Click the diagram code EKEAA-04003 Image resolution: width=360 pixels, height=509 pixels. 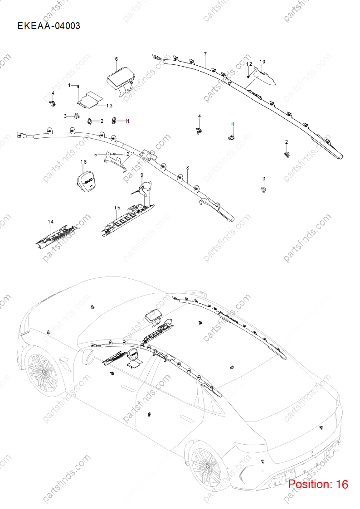[49, 26]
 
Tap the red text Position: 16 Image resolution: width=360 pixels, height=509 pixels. [318, 484]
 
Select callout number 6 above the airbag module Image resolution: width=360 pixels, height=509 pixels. [117, 59]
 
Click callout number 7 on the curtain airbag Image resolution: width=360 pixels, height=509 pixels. [205, 54]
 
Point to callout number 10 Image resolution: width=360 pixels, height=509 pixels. [262, 62]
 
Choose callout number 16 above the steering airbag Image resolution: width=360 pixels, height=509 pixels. [83, 162]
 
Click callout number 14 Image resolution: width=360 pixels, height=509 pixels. [51, 222]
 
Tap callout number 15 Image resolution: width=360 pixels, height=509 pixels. [117, 208]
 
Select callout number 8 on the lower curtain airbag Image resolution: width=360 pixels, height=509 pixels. [188, 168]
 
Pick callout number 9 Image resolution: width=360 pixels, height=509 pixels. [142, 175]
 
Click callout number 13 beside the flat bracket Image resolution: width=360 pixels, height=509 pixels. [109, 106]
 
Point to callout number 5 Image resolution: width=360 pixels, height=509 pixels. [96, 155]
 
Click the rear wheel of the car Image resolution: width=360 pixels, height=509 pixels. [206, 468]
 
